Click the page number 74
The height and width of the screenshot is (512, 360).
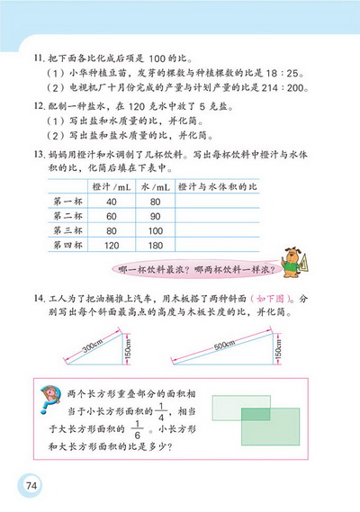[x=31, y=487]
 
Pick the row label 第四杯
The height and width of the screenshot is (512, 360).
[x=68, y=245]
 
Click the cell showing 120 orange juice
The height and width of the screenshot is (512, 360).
[x=112, y=245]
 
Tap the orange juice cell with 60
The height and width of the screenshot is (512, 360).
[x=112, y=216]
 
